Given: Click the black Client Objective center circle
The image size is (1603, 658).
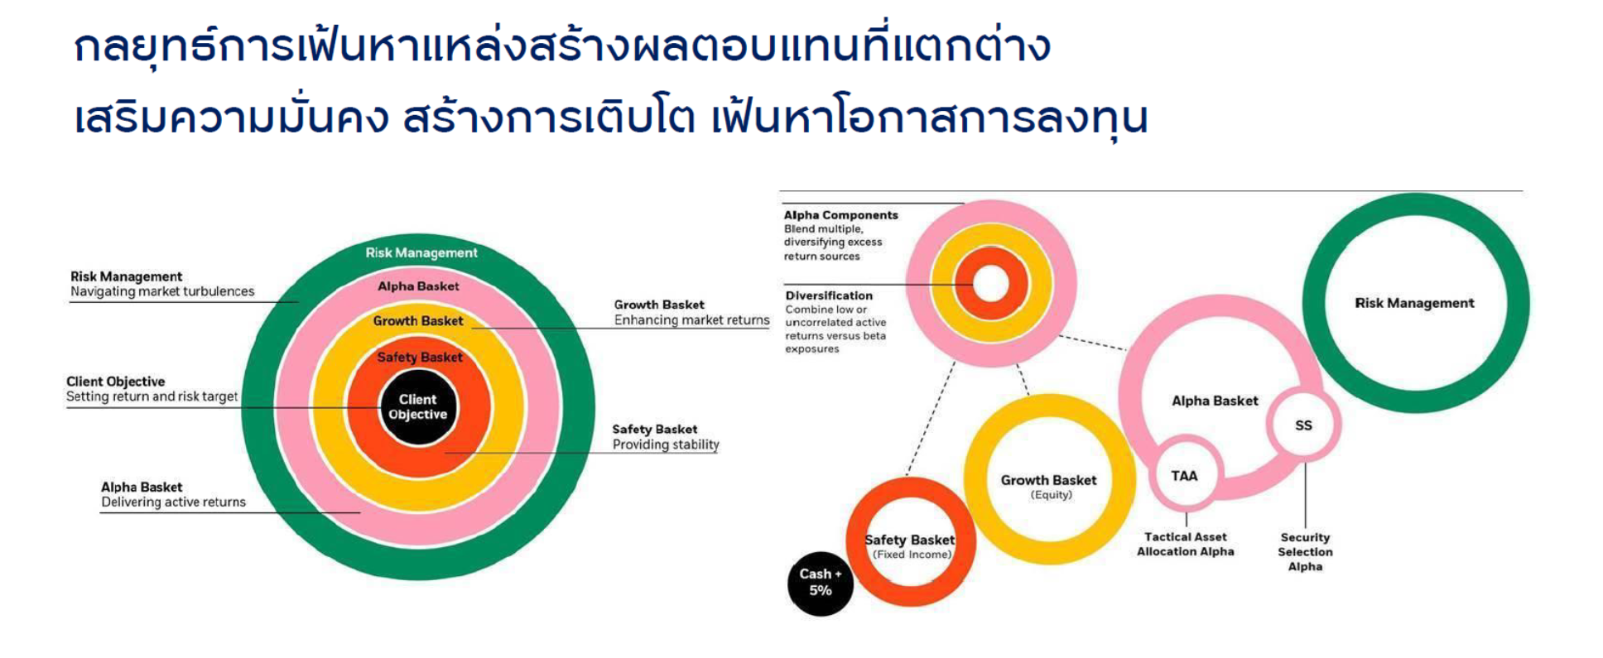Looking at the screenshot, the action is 418,407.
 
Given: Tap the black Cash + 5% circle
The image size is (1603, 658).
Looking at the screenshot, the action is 821,584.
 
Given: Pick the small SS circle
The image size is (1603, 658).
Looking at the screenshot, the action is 1303,425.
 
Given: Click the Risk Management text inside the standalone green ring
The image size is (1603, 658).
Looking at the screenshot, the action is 1414,303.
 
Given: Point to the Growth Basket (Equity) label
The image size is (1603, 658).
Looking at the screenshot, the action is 1049,487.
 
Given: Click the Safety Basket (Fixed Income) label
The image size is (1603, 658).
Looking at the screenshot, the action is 910,546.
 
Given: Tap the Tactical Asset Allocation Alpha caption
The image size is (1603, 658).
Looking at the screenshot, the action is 1186,544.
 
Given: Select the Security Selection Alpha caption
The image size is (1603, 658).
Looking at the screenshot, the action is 1305,551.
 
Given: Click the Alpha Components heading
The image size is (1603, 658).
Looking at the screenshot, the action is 841,215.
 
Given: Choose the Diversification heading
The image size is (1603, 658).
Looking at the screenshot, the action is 829,295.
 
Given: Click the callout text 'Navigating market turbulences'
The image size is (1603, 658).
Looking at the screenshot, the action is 162,291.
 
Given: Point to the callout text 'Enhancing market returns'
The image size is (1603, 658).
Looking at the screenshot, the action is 691,320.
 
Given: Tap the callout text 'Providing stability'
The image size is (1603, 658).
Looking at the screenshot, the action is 666,444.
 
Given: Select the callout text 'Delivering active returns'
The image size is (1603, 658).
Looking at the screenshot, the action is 174,502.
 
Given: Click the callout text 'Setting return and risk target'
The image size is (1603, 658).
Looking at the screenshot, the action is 152,396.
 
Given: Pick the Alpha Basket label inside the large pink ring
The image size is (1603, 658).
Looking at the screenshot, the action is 1215,401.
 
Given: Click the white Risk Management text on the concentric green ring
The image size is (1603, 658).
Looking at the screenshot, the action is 421,252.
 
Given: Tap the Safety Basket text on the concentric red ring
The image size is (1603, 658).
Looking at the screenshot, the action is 420,358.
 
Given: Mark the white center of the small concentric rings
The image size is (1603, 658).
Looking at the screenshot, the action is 990,284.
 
